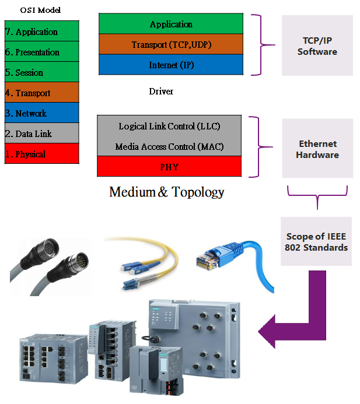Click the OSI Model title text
(40, 10)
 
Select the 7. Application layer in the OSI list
(41, 31)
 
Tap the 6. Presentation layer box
(41, 52)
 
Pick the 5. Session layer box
(41, 72)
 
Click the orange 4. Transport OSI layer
(41, 93)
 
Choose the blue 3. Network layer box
(41, 113)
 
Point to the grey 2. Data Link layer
(41, 134)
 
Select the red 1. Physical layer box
(41, 154)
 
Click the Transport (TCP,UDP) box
(170, 44)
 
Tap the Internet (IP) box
(170, 65)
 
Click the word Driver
(161, 92)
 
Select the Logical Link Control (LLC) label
(169, 126)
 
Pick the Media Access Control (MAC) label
(169, 146)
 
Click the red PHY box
(169, 167)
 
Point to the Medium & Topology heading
(167, 192)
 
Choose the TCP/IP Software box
(317, 45)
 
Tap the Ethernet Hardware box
(317, 149)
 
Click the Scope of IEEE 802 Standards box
(316, 242)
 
